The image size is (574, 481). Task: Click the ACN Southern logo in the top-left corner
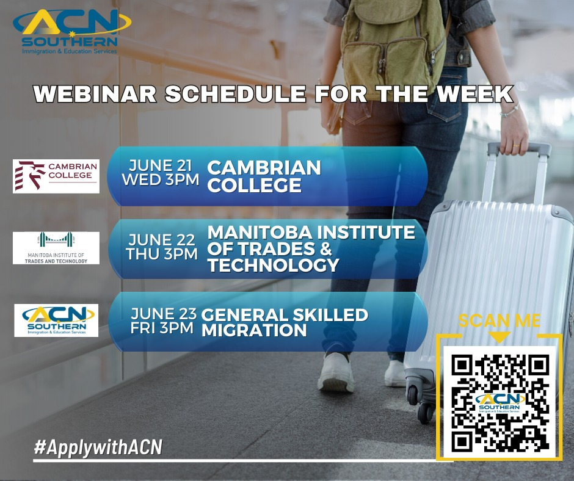(72, 32)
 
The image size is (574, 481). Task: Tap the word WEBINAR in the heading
(95, 94)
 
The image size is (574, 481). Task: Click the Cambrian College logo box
(56, 176)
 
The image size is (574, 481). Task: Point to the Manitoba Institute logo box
(56, 248)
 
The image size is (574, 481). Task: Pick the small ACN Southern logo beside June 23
(56, 320)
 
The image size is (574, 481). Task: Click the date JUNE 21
(161, 165)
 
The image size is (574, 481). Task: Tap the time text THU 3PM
(162, 254)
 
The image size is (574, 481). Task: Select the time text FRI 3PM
(162, 328)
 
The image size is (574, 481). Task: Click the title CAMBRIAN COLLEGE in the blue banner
(264, 176)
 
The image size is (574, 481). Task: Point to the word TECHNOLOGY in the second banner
(274, 265)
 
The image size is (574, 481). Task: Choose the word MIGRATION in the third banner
(254, 330)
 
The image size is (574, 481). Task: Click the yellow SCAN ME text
(500, 320)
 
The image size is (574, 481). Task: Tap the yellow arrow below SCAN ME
(500, 337)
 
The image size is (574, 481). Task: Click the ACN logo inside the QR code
(500, 403)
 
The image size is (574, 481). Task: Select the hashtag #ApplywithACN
(98, 447)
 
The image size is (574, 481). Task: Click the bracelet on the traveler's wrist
(510, 111)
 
